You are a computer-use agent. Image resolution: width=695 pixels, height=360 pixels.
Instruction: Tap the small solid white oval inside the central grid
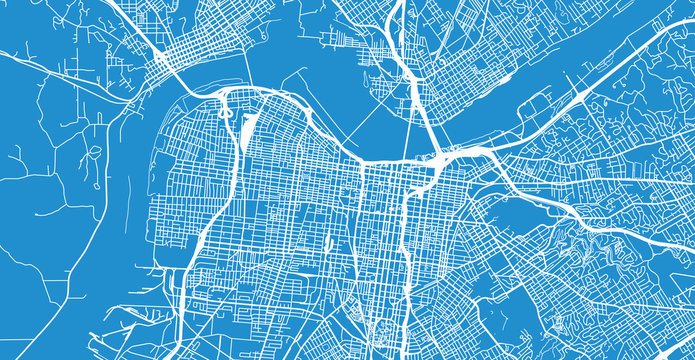(x=328, y=243)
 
